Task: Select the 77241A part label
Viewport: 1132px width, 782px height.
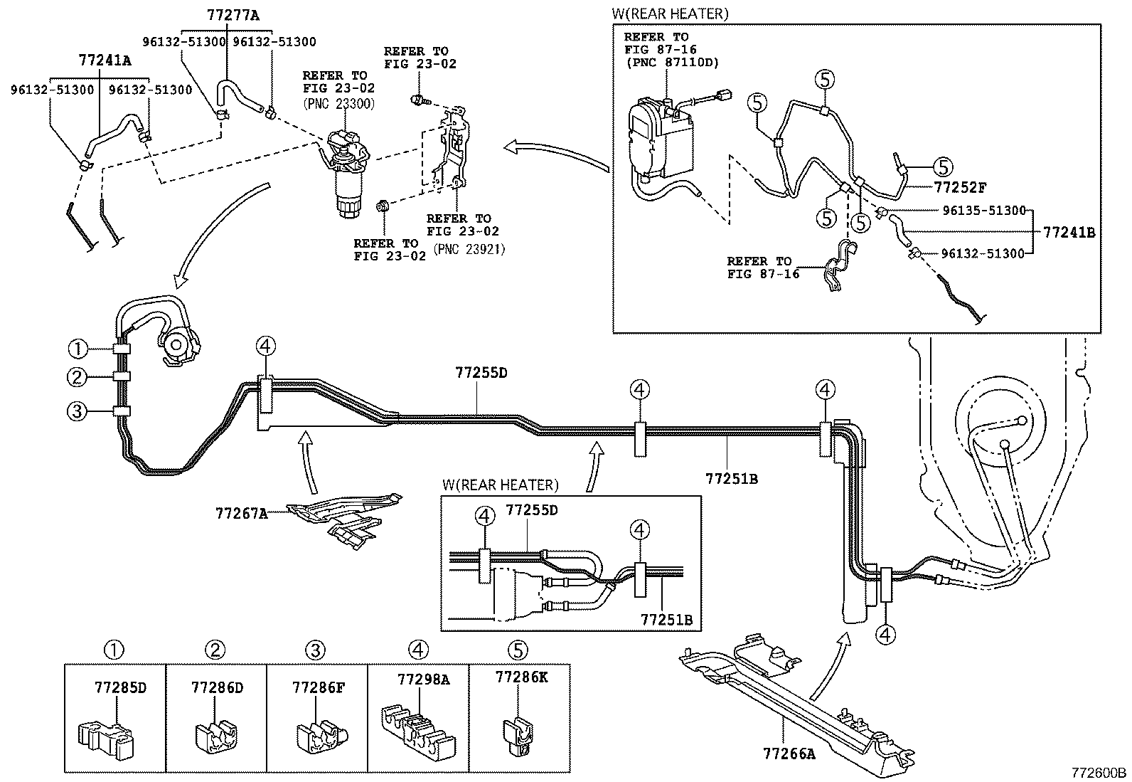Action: [105, 60]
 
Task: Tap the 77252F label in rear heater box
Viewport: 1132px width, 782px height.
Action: [960, 188]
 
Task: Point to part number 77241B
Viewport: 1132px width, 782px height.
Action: [1069, 232]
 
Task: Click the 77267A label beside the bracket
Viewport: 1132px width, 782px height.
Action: [241, 512]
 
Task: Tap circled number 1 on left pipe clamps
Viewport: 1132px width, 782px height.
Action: [78, 349]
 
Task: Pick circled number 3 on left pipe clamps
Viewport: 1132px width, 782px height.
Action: [78, 411]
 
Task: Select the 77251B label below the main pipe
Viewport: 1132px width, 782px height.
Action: [731, 479]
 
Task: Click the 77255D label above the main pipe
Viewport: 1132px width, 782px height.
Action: [481, 372]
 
